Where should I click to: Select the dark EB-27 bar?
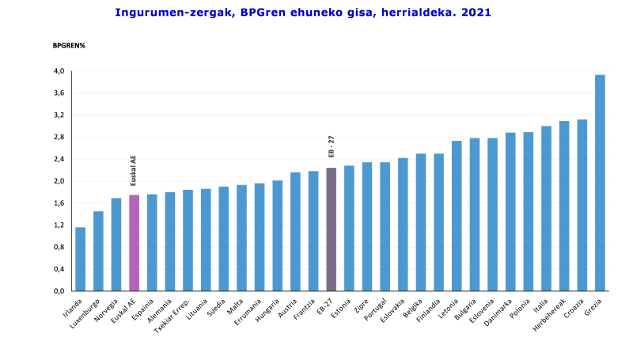(x=331, y=229)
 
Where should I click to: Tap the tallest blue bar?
(x=600, y=182)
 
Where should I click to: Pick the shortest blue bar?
(x=80, y=259)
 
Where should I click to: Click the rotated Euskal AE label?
(x=134, y=169)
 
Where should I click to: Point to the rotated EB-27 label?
(x=332, y=146)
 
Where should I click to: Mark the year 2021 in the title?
(x=476, y=13)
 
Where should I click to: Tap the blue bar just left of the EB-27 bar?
(x=313, y=230)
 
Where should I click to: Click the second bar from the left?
(x=98, y=251)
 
